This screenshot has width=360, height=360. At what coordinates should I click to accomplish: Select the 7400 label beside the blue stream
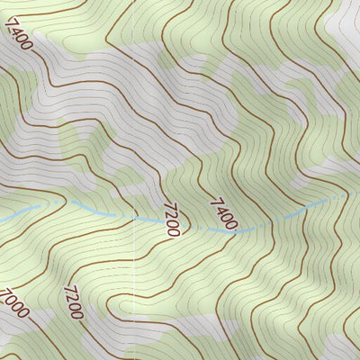tap(223, 213)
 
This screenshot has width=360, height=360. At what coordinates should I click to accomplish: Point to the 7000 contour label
tap(15, 304)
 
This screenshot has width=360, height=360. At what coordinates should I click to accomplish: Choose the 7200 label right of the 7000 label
tap(74, 301)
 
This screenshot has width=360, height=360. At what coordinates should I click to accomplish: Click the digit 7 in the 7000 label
tap(6, 293)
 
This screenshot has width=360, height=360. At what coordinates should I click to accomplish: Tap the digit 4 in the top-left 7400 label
tap(17, 29)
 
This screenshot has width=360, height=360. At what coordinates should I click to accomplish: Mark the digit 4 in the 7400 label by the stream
tap(220, 210)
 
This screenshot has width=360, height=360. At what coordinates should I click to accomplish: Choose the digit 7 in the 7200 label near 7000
tap(67, 290)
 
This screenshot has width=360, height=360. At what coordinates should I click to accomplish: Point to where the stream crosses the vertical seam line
tap(134, 219)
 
